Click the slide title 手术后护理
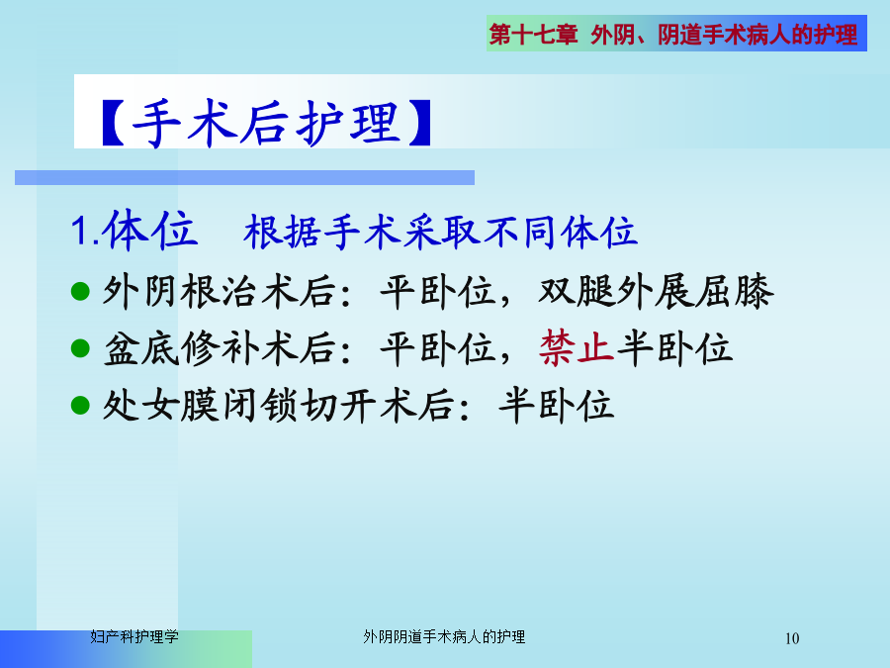[x=267, y=123]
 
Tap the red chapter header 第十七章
[x=533, y=34]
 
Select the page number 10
[x=792, y=638]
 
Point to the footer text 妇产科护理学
[x=134, y=636]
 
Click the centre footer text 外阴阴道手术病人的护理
[x=444, y=636]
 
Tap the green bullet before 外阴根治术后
[x=81, y=291]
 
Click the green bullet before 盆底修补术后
[x=81, y=348]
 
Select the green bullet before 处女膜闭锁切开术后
[x=81, y=406]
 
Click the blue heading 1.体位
[x=134, y=230]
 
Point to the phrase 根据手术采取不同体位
[x=440, y=233]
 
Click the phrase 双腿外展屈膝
[x=656, y=291]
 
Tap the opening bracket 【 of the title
[x=113, y=124]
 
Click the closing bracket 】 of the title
[x=420, y=124]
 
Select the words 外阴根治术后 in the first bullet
[x=220, y=291]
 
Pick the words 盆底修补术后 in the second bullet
[x=220, y=348]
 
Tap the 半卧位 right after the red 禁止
[x=674, y=347]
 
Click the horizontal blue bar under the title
[x=244, y=178]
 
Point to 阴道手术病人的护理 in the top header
[x=757, y=34]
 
